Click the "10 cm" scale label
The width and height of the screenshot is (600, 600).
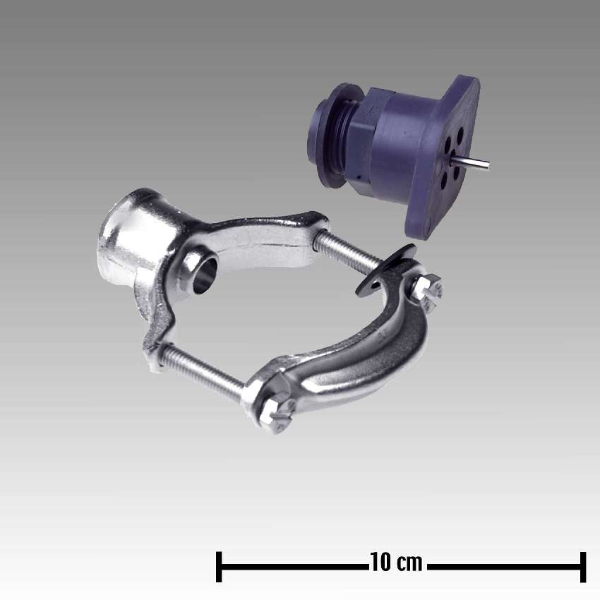click(x=396, y=562)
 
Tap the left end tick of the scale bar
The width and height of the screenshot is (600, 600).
click(x=219, y=567)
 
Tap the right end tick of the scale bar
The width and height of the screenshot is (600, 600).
click(x=583, y=567)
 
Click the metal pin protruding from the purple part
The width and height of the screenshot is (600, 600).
click(x=471, y=164)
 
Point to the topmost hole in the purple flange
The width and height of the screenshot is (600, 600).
click(x=460, y=134)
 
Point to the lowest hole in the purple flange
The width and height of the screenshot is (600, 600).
click(x=444, y=182)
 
